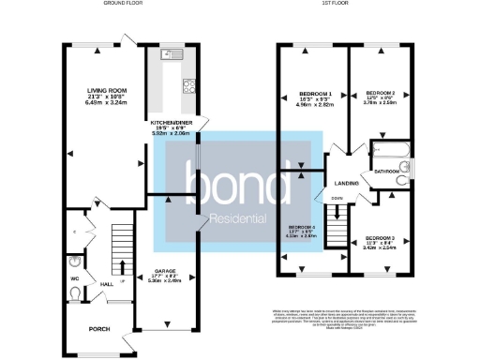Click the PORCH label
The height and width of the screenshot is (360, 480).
(x=99, y=329)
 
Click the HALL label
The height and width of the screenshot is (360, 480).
(x=108, y=283)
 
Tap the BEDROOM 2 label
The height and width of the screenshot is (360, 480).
(x=379, y=94)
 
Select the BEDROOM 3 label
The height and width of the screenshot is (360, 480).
(x=379, y=239)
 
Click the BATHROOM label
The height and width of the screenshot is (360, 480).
(x=387, y=172)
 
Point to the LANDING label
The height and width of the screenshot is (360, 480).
(x=345, y=183)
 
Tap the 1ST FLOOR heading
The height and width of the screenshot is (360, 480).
(x=336, y=5)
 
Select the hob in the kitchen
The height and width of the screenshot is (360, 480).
(x=187, y=88)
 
